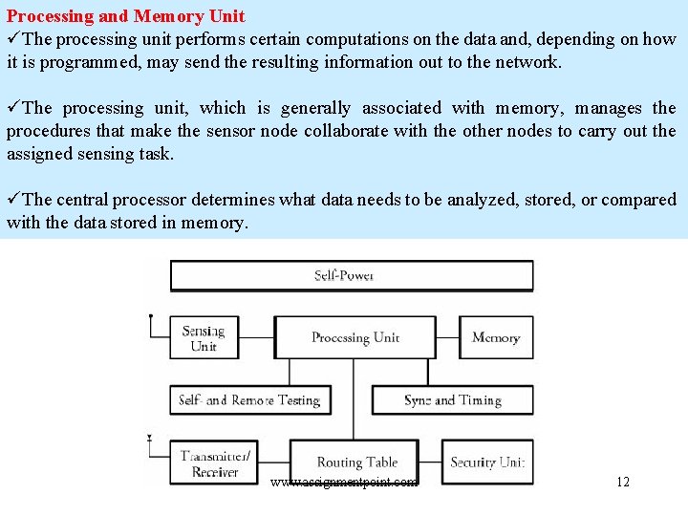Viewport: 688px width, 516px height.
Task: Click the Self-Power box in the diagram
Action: (352, 276)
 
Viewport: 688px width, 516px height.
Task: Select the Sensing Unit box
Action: (204, 338)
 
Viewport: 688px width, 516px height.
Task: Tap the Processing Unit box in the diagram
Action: (355, 338)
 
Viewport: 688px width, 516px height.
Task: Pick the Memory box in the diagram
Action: (496, 338)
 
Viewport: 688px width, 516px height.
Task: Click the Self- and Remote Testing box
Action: (250, 400)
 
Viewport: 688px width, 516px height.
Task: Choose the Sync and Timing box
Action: (452, 400)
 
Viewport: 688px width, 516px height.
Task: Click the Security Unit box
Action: (487, 462)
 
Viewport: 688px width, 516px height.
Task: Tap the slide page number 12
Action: (622, 482)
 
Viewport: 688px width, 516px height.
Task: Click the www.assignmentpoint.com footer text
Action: (344, 483)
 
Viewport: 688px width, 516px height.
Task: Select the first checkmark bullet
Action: (13, 39)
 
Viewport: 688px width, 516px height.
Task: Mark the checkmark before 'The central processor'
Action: (13, 200)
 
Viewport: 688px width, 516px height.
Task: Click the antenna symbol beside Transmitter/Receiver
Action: (150, 441)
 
